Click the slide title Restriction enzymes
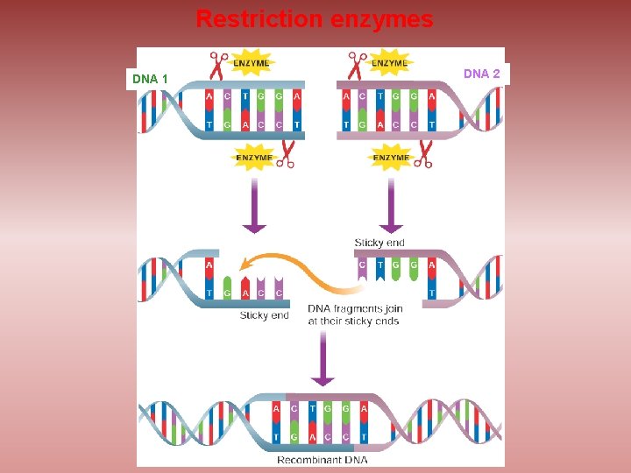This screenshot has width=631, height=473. pyautogui.click(x=314, y=19)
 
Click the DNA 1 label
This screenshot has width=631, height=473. pyautogui.click(x=150, y=79)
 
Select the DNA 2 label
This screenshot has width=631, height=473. pyautogui.click(x=481, y=74)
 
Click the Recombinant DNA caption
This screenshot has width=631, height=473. pyautogui.click(x=322, y=459)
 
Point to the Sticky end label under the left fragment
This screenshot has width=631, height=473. pyautogui.click(x=264, y=315)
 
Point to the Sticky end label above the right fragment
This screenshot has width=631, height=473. pyautogui.click(x=379, y=243)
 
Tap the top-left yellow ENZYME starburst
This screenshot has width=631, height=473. pyautogui.click(x=252, y=63)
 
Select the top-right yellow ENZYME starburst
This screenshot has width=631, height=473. pyautogui.click(x=389, y=63)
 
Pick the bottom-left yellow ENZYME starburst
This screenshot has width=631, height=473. pyautogui.click(x=254, y=158)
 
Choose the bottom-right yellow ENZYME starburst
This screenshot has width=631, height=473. pyautogui.click(x=391, y=158)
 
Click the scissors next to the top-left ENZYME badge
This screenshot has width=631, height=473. pyautogui.click(x=219, y=66)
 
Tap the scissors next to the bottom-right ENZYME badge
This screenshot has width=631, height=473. pyautogui.click(x=424, y=154)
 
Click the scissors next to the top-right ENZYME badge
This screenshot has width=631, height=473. pyautogui.click(x=357, y=66)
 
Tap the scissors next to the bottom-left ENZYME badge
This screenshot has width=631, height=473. pyautogui.click(x=286, y=154)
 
